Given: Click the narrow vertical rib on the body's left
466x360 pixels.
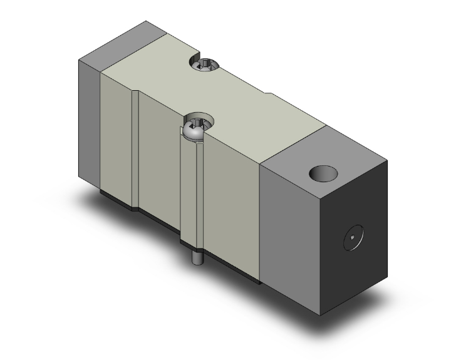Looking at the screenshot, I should [x=134, y=150].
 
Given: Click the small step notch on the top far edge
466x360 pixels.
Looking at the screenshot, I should [x=269, y=95].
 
